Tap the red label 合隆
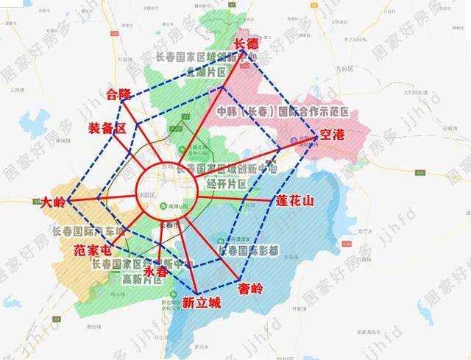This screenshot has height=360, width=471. [118, 94]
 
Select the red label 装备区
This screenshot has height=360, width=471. [107, 127]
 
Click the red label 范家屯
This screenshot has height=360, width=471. [94, 253]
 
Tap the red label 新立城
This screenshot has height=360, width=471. [201, 302]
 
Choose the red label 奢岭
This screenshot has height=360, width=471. [250, 289]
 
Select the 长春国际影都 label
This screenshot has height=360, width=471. [248, 251]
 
